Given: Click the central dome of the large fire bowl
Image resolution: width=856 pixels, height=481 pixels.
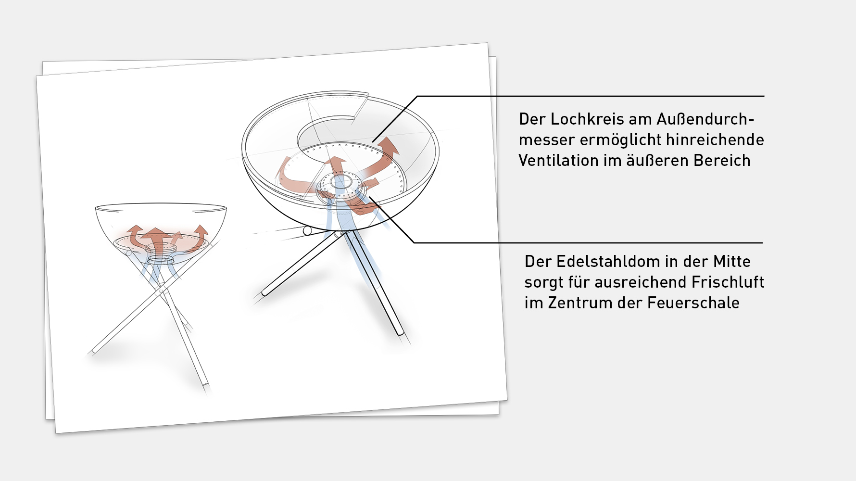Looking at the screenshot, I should [x=340, y=183].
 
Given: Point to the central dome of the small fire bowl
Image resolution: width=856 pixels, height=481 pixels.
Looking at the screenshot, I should [x=160, y=248].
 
